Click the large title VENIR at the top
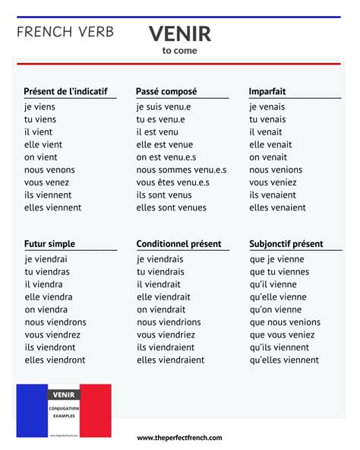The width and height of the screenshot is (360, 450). [x=180, y=33]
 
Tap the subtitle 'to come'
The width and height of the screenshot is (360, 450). [x=179, y=51]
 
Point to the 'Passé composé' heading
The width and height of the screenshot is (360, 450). [x=166, y=91]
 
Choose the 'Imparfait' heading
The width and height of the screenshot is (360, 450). [x=267, y=91]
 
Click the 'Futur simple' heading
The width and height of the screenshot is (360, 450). [x=49, y=244]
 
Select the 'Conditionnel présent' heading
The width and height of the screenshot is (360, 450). [x=179, y=244]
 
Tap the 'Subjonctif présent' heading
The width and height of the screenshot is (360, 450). [x=286, y=244]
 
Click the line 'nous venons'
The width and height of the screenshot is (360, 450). [x=50, y=170]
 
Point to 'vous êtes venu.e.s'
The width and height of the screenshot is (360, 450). [x=173, y=182]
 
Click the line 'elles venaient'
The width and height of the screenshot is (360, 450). [x=277, y=208]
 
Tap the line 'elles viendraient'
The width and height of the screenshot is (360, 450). [x=170, y=360]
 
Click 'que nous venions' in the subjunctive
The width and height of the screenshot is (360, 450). [x=285, y=322]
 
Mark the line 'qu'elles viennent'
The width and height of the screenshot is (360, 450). [x=284, y=360]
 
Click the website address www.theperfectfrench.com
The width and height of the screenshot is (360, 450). [x=180, y=438]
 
